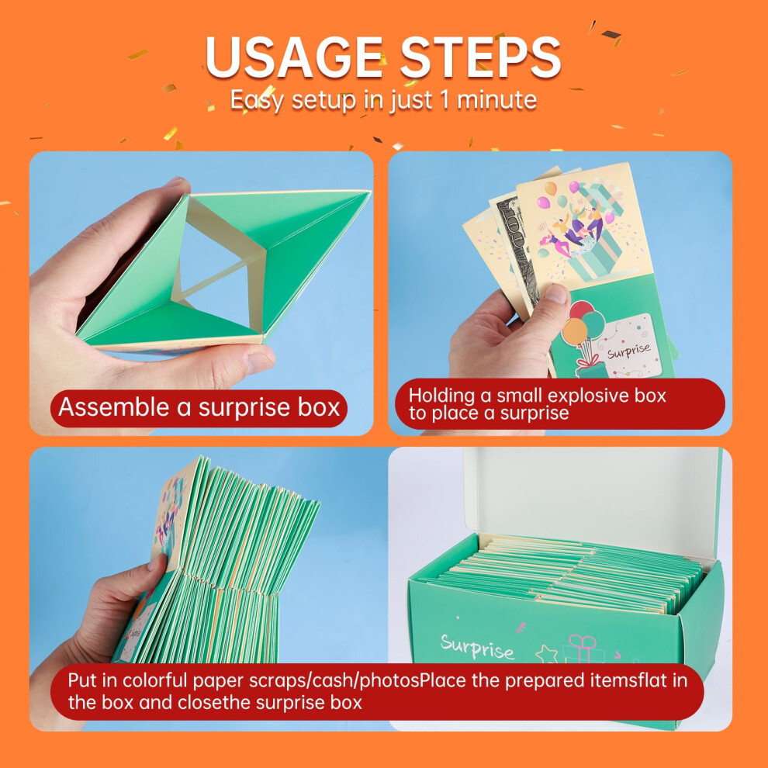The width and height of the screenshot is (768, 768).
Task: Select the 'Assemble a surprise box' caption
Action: coord(199,407)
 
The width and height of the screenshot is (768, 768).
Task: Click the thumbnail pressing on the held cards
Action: coord(558,293)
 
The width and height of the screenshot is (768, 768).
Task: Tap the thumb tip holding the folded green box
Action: coord(261,362)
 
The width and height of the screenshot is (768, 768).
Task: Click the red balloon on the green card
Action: coord(581,310)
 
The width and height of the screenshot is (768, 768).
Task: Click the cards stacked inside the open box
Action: coord(568,574)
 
